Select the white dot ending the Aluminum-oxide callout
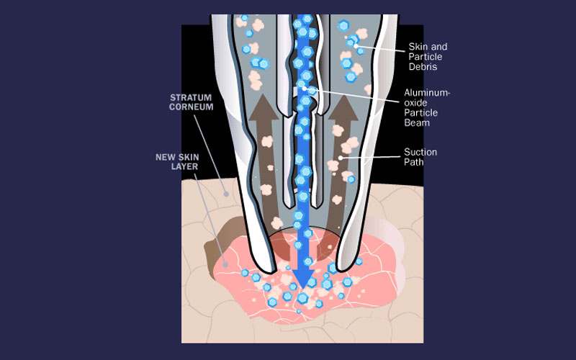pyautogui.click(x=303, y=89)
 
